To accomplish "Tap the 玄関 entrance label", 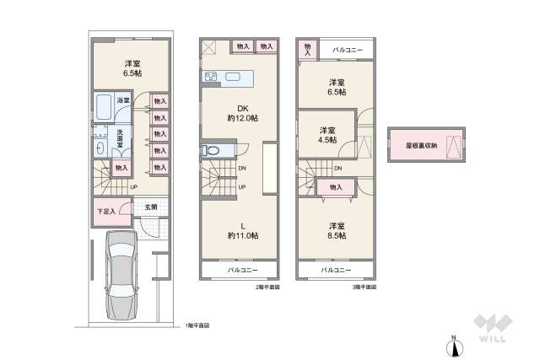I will tap(150, 207).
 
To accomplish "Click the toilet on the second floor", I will tap(211, 152).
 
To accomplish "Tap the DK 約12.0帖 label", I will tap(241, 112).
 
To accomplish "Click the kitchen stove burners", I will tap(211, 79).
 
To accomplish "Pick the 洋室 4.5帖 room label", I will tap(327, 135).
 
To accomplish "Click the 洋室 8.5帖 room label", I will tap(337, 231).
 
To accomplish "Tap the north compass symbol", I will tap(453, 345).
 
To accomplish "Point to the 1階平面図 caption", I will tap(197, 325).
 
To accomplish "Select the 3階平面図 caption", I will tap(364, 287).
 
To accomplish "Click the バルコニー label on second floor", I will tap(242, 271).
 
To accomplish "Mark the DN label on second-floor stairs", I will tap(242, 169).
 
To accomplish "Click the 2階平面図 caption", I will tap(268, 287).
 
